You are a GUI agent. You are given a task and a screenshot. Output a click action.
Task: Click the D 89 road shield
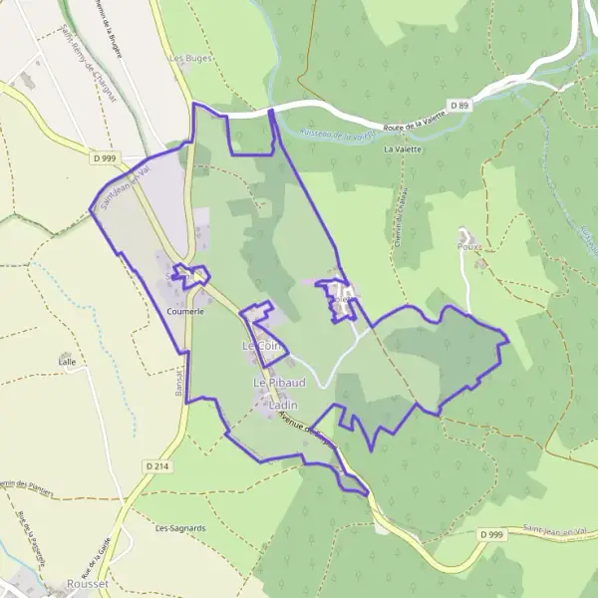pyautogui.click(x=458, y=105)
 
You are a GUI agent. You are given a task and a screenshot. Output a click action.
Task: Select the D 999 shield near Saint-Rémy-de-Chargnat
pyautogui.click(x=104, y=156)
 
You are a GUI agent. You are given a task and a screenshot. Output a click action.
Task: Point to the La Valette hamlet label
pyautogui.click(x=403, y=149)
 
